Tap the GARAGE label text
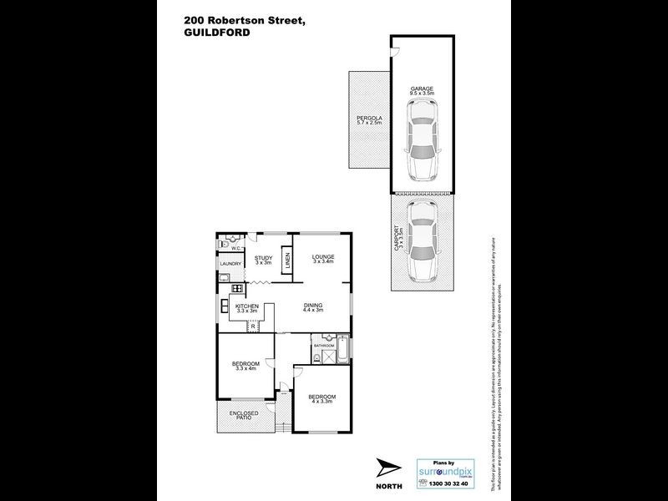coord(421,89)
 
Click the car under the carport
coord(423,243)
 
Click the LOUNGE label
coord(323,258)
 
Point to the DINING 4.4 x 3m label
coord(313,308)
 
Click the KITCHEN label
coord(247,308)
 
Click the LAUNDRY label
coord(230,266)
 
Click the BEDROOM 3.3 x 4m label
coord(245,366)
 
